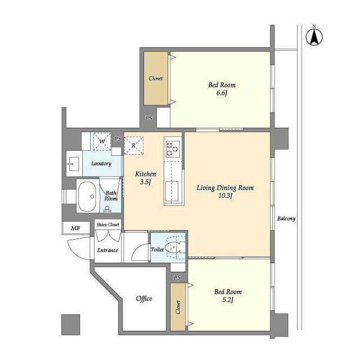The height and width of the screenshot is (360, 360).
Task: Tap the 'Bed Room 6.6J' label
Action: (x=222, y=89)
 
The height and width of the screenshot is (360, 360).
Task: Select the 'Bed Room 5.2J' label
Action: (x=228, y=296)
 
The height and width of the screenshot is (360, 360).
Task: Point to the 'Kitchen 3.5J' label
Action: (x=145, y=178)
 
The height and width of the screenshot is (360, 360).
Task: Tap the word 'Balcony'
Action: (x=286, y=219)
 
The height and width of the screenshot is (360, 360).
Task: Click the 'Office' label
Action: (x=144, y=299)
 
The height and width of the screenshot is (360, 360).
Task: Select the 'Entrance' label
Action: (x=107, y=250)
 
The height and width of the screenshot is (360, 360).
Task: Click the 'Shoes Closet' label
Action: (x=107, y=225)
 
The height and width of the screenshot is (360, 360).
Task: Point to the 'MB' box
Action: (x=75, y=228)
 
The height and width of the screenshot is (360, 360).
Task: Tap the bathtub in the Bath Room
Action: (x=88, y=197)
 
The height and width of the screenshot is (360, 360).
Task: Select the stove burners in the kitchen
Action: (x=172, y=149)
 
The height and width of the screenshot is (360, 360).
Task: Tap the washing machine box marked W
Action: (x=102, y=141)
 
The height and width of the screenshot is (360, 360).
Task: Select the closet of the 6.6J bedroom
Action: (x=155, y=78)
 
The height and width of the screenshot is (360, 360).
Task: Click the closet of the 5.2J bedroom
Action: (x=178, y=306)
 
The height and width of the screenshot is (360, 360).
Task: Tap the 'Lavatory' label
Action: (x=101, y=164)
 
